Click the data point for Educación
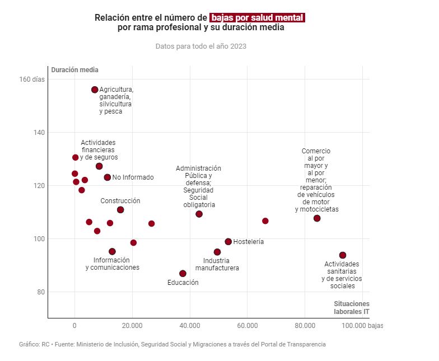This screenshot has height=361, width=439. point(183,273)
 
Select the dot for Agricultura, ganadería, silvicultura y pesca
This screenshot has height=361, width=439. point(95,90)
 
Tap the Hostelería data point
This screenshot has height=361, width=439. point(228,242)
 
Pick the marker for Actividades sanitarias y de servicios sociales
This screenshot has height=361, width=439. point(343,255)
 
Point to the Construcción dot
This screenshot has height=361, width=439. point(120,210)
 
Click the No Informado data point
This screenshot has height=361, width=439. point(108,177)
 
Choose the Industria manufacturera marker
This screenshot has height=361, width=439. point(217,252)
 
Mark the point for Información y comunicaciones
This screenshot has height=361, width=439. point(112,251)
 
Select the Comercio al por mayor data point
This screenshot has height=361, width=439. point(317,218)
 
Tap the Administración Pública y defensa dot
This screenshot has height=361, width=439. point(199,214)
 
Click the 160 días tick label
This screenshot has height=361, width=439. point(32,79)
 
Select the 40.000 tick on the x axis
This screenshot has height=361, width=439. point(189,325)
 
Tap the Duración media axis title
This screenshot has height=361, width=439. point(74,70)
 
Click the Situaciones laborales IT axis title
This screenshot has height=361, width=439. point(352,307)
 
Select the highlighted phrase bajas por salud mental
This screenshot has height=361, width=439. point(257,18)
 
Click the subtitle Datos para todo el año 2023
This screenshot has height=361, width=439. point(201,46)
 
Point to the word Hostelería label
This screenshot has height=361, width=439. point(249,242)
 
